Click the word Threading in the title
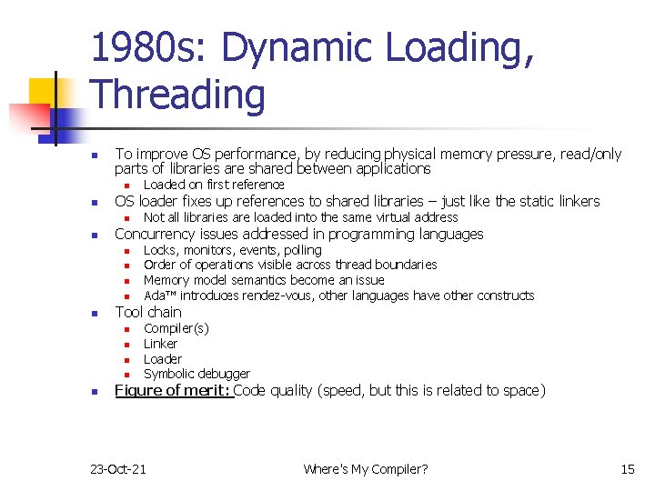(x=178, y=95)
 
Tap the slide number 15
(x=628, y=469)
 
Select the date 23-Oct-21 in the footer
(x=118, y=469)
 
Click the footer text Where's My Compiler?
(x=366, y=469)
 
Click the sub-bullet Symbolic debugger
(x=196, y=374)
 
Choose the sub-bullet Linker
(x=161, y=344)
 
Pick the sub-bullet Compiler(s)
(x=176, y=328)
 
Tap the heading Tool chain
(x=148, y=312)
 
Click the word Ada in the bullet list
(x=155, y=296)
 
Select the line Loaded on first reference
(x=214, y=185)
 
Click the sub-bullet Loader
(x=163, y=359)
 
